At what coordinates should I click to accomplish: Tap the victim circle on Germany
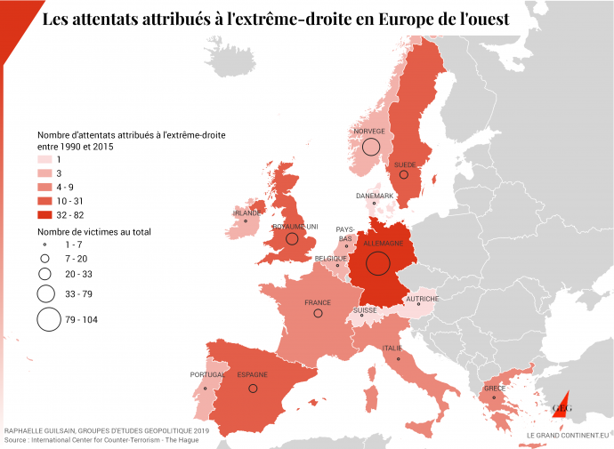(378, 262)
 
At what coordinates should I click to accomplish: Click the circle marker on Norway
(371, 147)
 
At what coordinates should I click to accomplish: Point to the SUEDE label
(404, 164)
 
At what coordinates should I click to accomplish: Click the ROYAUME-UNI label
(292, 226)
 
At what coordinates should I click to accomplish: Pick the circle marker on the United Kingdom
(292, 238)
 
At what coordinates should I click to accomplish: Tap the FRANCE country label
(318, 302)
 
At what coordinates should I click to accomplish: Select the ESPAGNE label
(252, 375)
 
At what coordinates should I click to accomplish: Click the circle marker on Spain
(253, 389)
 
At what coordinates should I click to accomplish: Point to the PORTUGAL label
(207, 375)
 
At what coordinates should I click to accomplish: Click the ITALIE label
(392, 348)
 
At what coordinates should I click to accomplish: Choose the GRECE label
(495, 389)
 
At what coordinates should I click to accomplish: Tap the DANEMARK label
(374, 196)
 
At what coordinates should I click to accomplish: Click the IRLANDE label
(246, 213)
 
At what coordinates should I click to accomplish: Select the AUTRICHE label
(422, 299)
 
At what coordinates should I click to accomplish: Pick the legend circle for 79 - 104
(48, 320)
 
